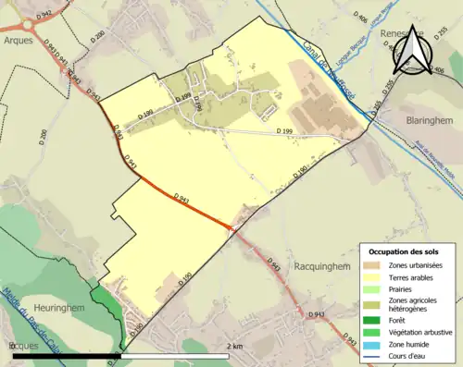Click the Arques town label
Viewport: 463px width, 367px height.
click(x=19, y=41)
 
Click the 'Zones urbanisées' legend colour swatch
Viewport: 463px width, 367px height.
click(x=372, y=265)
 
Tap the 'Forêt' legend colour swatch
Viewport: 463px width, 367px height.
click(x=372, y=320)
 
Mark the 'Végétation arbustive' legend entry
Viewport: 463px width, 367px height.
click(x=421, y=331)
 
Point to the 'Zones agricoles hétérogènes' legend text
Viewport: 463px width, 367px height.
click(x=418, y=304)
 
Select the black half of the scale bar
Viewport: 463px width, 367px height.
click(x=65, y=355)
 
